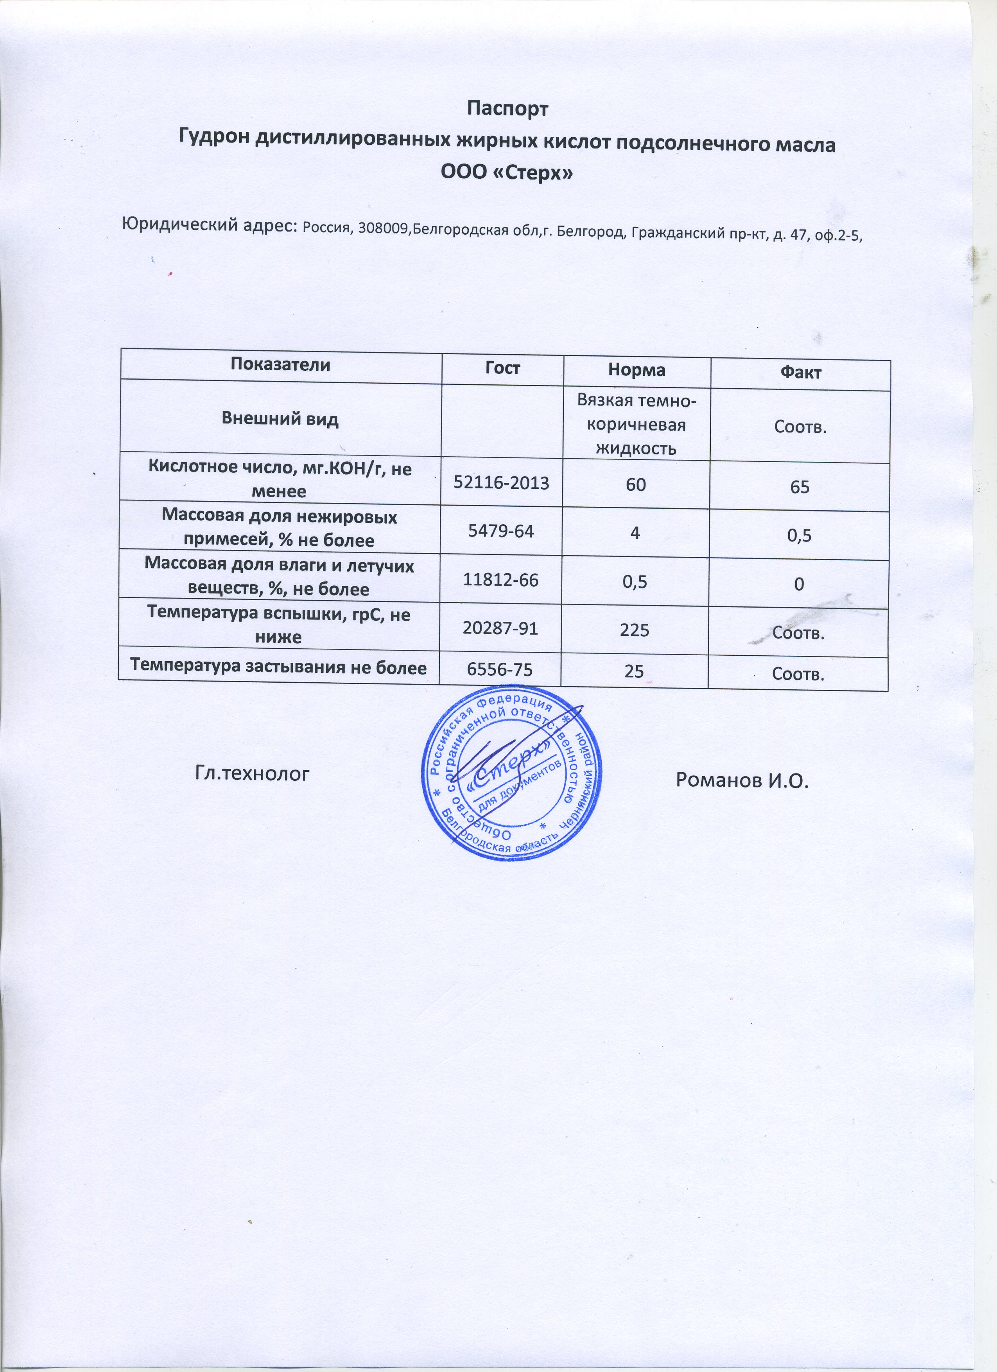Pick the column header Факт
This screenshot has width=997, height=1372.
(x=800, y=373)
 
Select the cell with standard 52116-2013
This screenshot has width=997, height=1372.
(x=502, y=483)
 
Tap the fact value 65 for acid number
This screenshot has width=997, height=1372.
(x=800, y=487)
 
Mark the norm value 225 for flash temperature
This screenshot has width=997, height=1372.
(x=635, y=630)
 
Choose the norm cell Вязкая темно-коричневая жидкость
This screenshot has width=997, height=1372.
(x=637, y=423)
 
